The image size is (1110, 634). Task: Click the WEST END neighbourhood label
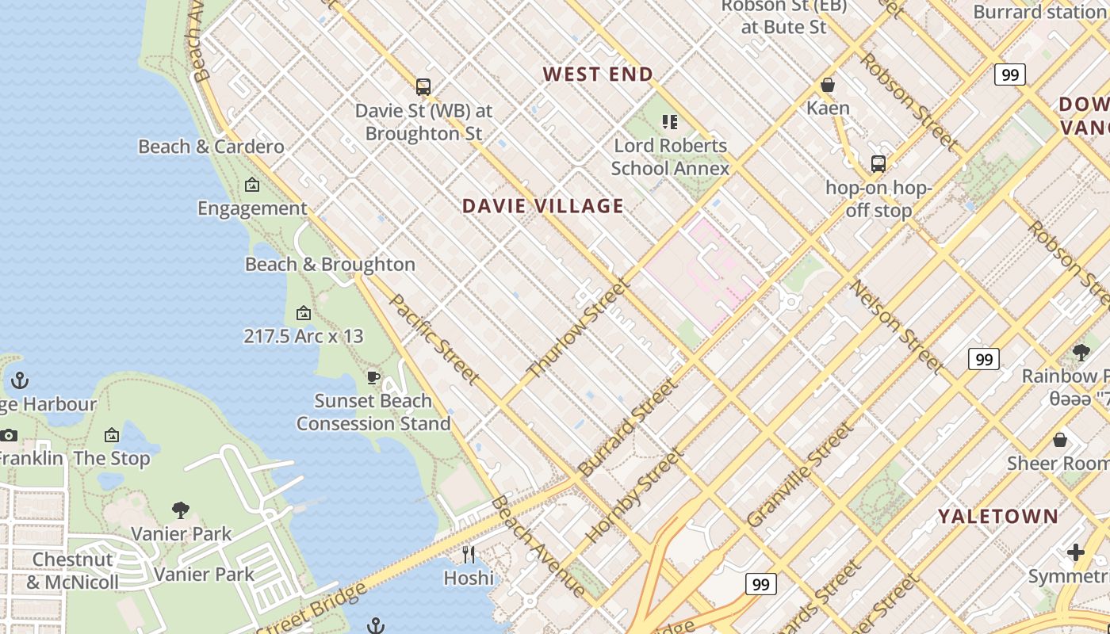click(598, 74)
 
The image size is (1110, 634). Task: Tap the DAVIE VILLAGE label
click(543, 206)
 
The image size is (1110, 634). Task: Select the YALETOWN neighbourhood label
click(998, 517)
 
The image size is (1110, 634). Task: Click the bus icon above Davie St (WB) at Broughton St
click(423, 86)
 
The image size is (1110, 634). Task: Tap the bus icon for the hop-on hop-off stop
click(878, 164)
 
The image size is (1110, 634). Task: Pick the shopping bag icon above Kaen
click(828, 84)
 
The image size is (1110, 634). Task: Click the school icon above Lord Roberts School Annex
click(670, 122)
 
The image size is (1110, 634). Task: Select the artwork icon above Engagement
click(252, 185)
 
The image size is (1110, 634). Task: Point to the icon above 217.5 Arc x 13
click(303, 313)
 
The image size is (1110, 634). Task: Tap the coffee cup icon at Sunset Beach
click(373, 377)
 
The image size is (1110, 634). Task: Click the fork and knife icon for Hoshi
click(469, 554)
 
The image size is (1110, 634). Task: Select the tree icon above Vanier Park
click(181, 510)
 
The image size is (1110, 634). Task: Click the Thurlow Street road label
click(578, 328)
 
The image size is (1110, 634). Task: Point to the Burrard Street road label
click(627, 427)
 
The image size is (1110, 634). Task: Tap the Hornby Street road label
click(634, 496)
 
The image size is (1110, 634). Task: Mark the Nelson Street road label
click(897, 326)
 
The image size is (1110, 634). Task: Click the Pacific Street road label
click(434, 339)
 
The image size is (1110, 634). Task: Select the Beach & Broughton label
click(330, 265)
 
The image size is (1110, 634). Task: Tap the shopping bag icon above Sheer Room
click(1060, 440)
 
